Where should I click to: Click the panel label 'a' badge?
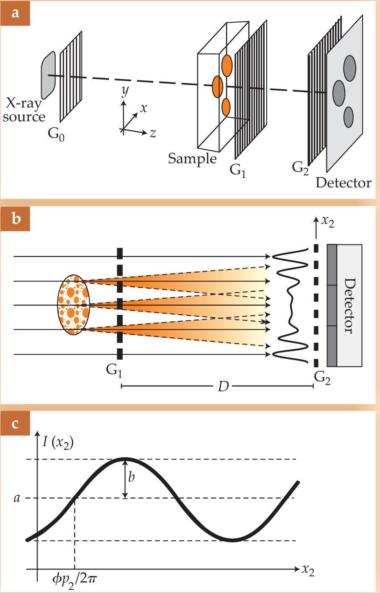15,13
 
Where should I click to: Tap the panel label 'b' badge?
15,219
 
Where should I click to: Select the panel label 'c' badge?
15,423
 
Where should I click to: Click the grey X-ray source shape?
49,75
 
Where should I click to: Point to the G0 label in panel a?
56,134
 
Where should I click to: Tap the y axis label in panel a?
125,91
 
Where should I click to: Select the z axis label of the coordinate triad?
153,133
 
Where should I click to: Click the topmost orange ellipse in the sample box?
227,66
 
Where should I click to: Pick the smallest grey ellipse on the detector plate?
348,117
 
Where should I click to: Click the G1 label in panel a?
238,170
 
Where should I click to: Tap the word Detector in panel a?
343,182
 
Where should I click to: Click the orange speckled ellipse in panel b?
74,305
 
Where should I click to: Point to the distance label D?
223,387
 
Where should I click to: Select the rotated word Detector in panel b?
350,306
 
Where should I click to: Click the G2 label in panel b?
322,378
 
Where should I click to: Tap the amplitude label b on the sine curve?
132,477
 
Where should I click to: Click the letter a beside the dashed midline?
17,498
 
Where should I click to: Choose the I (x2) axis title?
58,443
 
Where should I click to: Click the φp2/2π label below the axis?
74,580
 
